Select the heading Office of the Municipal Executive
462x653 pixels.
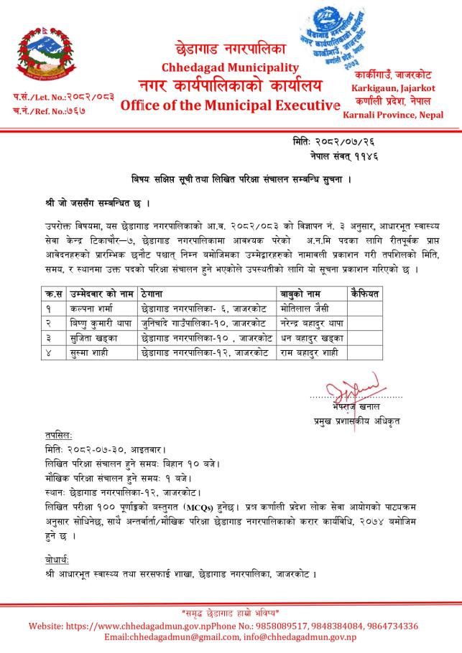point(230,106)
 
